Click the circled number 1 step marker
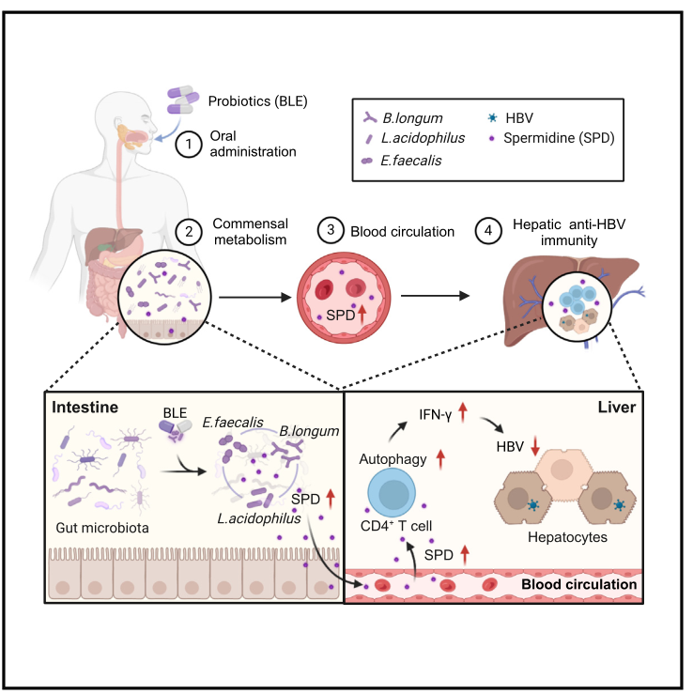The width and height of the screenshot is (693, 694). [190, 144]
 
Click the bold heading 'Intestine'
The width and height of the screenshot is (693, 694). [85, 409]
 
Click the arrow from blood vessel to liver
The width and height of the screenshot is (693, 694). [436, 296]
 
